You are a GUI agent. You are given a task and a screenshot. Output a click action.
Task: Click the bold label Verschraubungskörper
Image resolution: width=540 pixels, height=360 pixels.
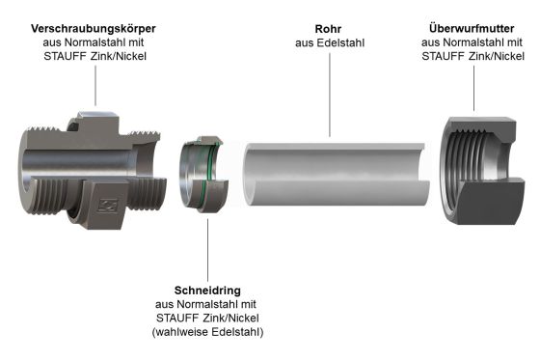pos(94,29)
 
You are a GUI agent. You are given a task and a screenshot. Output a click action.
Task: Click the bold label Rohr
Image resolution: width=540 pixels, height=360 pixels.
pos(329,28)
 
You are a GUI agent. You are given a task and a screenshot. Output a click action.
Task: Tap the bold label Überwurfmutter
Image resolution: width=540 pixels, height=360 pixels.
pos(472,29)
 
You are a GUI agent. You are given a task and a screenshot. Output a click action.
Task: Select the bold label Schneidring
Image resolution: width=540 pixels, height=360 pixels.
pos(208,290)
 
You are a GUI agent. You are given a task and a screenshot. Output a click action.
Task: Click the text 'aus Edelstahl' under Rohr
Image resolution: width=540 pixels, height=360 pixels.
pos(329,42)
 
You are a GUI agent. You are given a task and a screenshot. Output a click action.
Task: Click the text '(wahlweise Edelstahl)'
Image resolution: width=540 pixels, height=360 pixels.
pos(208,332)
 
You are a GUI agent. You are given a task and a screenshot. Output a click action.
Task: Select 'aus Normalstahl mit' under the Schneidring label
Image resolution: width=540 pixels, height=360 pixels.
pos(208,304)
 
